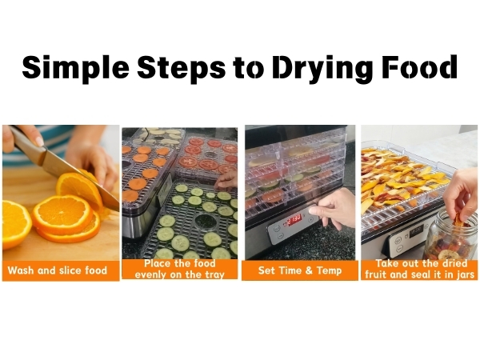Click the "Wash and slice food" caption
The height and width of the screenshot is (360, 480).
click(x=60, y=270)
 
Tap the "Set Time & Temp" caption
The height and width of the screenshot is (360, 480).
click(x=298, y=270)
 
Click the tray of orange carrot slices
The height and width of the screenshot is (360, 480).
click(x=142, y=172)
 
